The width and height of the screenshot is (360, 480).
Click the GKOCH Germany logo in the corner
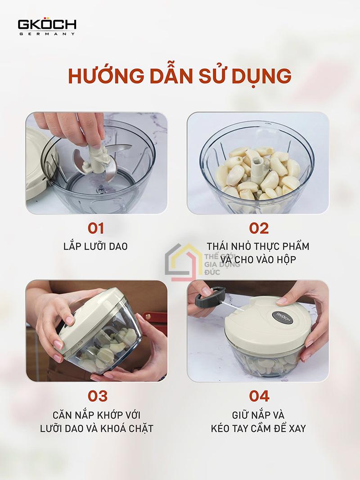click(47, 27)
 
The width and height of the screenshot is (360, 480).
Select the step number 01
click(96, 229)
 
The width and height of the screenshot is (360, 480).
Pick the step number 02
click(259, 229)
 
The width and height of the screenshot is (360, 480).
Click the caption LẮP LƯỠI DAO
click(95, 246)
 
